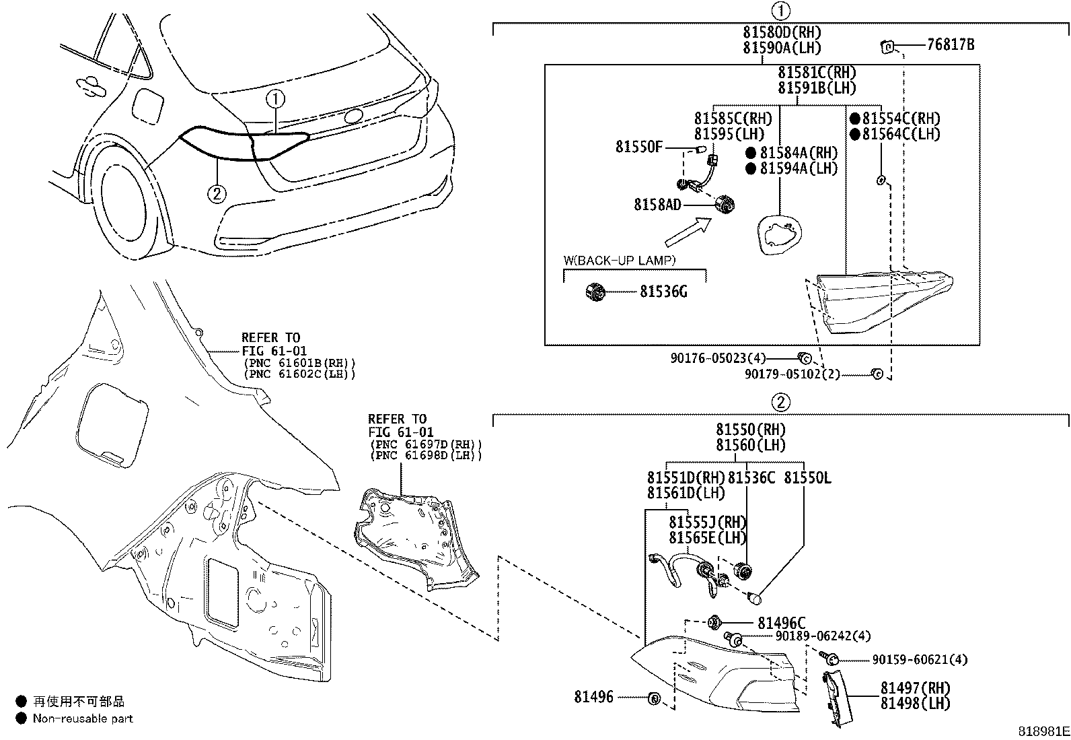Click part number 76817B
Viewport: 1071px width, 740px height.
950,46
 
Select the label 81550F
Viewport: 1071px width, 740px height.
638,147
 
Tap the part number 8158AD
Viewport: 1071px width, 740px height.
657,204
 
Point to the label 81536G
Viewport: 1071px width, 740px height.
663,292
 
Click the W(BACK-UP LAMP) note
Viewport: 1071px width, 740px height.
619,260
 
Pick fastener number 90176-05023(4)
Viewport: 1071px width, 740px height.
717,359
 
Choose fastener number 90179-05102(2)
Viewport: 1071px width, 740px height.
792,374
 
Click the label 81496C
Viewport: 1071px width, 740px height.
781,624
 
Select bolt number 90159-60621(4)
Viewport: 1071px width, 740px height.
920,660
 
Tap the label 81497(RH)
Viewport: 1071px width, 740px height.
915,688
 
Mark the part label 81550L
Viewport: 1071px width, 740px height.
807,478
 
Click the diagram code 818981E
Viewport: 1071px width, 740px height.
1042,731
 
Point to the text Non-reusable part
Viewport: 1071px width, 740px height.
83,718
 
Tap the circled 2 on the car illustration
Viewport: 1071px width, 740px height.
216,195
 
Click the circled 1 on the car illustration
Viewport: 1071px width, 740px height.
275,100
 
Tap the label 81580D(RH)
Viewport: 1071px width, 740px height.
782,32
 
